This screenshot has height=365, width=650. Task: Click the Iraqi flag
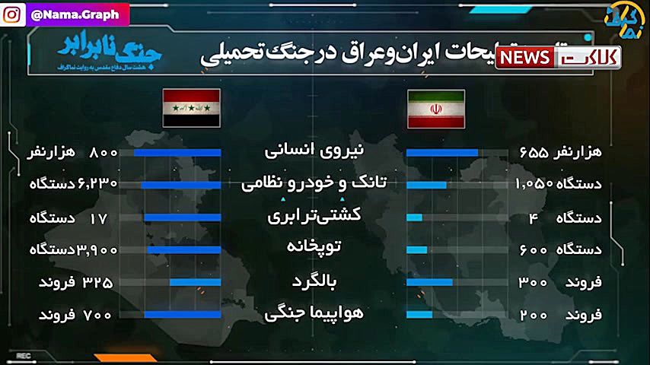(x=192, y=107)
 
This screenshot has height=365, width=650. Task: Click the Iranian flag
(x=435, y=109)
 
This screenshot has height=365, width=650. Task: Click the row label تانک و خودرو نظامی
(x=314, y=184)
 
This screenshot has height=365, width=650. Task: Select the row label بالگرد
(x=314, y=281)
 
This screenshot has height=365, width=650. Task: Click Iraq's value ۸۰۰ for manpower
(x=104, y=152)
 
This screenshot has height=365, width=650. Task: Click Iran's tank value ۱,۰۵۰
(x=534, y=184)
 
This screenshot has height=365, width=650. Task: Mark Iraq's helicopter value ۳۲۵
(x=97, y=282)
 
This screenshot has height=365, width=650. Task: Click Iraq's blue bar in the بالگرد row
(x=195, y=282)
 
